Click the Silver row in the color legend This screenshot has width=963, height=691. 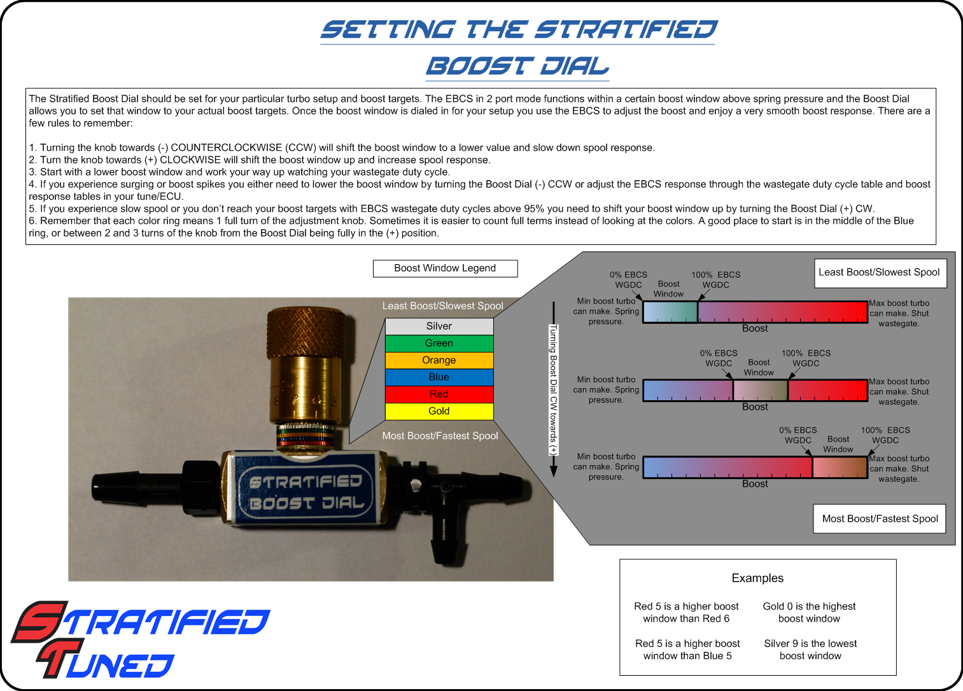[x=439, y=326]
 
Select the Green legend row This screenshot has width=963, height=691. [x=439, y=344]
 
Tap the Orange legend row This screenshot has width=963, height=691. [x=439, y=360]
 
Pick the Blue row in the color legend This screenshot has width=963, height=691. [x=439, y=377]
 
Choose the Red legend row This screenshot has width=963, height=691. [x=439, y=394]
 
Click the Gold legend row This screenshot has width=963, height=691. [x=439, y=411]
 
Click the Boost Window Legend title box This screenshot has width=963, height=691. [x=445, y=268]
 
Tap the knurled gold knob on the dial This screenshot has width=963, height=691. [x=306, y=332]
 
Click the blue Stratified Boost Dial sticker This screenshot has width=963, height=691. [x=306, y=491]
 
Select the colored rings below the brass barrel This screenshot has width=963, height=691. [x=306, y=435]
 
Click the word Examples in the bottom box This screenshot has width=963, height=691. [x=757, y=578]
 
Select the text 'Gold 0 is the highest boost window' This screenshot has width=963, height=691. [x=809, y=612]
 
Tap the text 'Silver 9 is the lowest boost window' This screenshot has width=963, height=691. [x=810, y=649]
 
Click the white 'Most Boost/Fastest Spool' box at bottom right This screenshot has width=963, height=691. [x=880, y=519]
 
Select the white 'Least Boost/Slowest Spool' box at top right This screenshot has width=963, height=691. [x=880, y=273]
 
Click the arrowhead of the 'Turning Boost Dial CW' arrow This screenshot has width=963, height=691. [x=554, y=471]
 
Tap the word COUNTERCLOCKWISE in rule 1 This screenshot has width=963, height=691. [x=227, y=148]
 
